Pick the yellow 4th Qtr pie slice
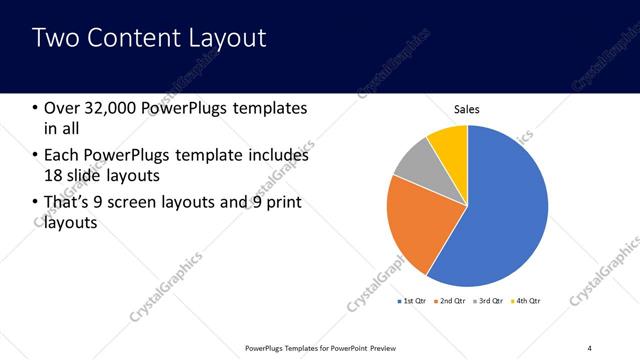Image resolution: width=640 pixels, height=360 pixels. coord(450,141)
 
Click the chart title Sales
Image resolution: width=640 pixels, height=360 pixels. coord(467,110)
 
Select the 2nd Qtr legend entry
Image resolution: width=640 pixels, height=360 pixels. coord(452,300)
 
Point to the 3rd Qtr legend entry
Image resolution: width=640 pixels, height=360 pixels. coord(490,300)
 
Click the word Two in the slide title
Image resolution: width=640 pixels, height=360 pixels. coord(54,38)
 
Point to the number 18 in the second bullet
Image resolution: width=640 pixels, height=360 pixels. coord(53,176)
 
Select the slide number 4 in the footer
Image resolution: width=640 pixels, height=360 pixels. coord(590,347)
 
